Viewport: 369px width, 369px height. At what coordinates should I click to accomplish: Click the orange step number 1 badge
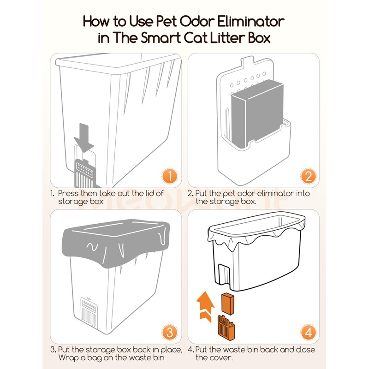[170, 176]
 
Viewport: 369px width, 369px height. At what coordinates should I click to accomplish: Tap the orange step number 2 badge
[308, 176]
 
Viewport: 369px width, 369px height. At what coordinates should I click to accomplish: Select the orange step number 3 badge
[170, 333]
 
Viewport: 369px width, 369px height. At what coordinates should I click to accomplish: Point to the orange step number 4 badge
[308, 333]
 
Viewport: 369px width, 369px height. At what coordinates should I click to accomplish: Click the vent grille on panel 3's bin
[88, 314]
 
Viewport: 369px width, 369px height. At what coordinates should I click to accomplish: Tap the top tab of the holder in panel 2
[250, 60]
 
